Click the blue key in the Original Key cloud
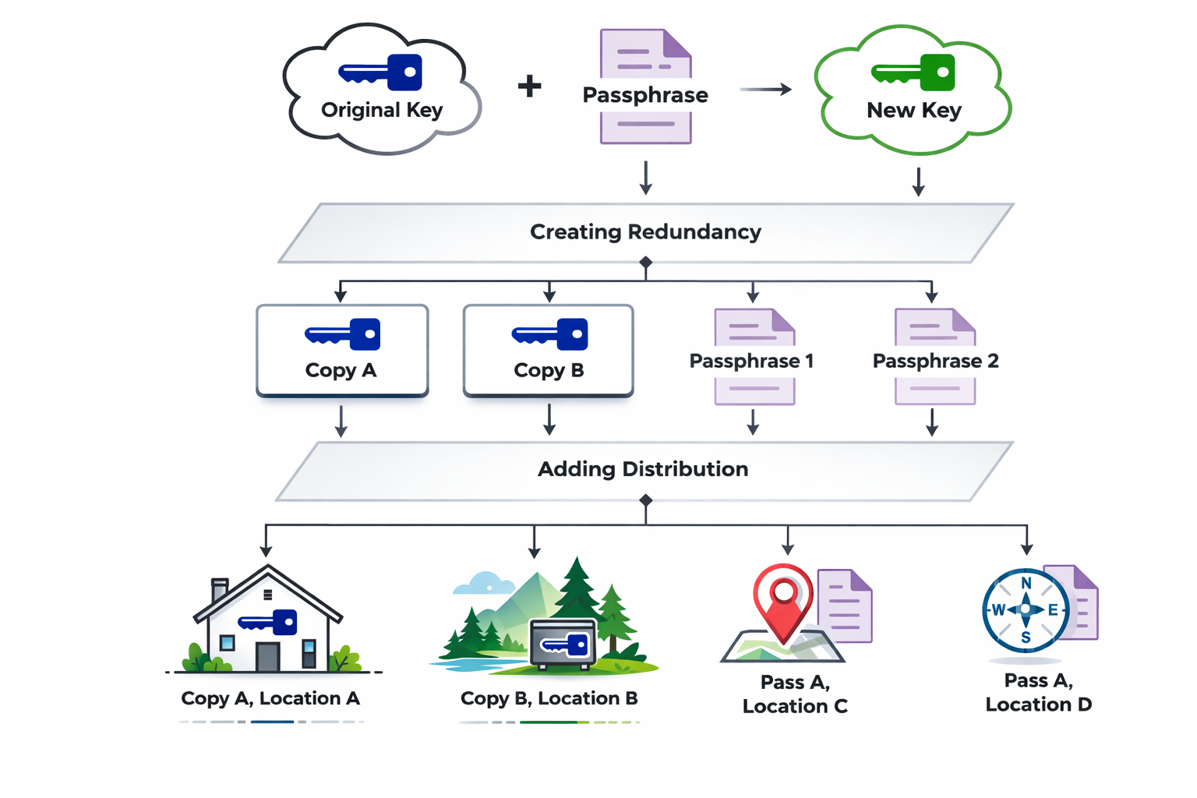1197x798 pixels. tap(380, 73)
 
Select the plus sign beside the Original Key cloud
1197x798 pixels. tap(530, 86)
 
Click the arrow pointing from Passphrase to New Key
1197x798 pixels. tap(765, 90)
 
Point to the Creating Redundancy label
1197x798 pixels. tap(645, 232)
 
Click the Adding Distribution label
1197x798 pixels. tap(643, 469)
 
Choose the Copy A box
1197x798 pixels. tap(342, 351)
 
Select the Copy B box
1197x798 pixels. tap(549, 351)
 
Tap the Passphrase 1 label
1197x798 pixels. tap(751, 361)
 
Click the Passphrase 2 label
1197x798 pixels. tap(935, 361)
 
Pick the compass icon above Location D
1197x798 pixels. tap(1026, 610)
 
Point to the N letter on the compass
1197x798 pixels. tap(1026, 584)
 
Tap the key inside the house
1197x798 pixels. tap(268, 622)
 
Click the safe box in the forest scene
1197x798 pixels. tap(563, 644)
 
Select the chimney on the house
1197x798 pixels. tap(220, 589)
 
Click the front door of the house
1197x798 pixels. tap(267, 657)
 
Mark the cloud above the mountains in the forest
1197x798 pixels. tap(485, 584)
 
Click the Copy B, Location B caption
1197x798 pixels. tap(549, 698)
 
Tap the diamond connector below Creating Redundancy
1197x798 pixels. tap(645, 263)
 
